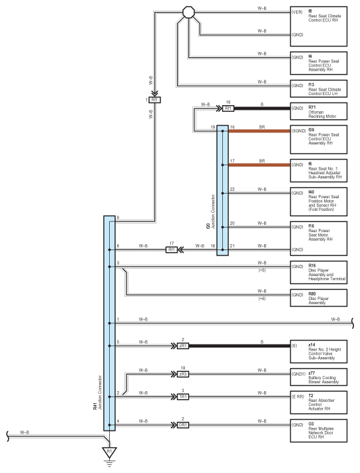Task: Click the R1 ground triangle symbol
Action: [x=109, y=452]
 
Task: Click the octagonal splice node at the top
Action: [x=188, y=13]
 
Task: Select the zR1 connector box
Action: [x=183, y=346]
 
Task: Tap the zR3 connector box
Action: [x=183, y=374]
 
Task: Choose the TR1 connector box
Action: [x=183, y=396]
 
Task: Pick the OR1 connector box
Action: [x=183, y=424]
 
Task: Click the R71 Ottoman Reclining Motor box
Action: [x=319, y=111]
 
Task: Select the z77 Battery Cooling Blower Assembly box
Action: [x=319, y=377]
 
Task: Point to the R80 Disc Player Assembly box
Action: [x=319, y=298]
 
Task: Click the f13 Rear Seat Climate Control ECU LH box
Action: [x=319, y=88]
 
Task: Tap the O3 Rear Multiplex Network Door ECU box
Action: [x=319, y=430]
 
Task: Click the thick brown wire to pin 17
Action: [x=260, y=165]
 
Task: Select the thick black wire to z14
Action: [x=240, y=346]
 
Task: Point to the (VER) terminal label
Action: [x=297, y=12]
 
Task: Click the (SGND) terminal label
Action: [x=299, y=131]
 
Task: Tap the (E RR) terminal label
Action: [x=298, y=396]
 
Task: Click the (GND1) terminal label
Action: [x=299, y=374]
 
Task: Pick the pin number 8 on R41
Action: [x=118, y=218]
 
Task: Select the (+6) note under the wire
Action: [x=262, y=299]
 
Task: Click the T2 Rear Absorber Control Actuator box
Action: [x=319, y=402]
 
